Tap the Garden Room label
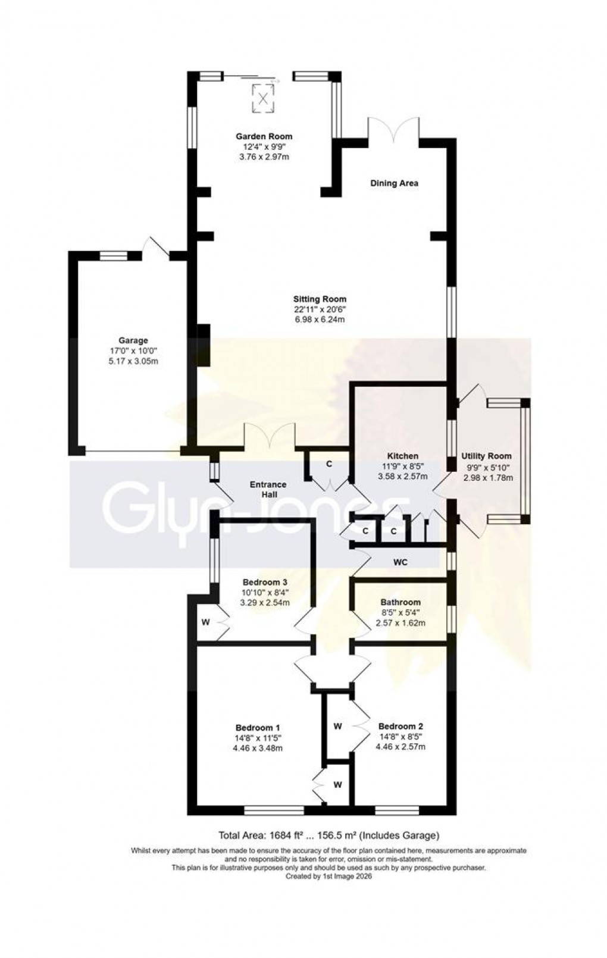tap(263, 136)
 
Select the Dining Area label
tap(394, 183)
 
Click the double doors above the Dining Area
tap(393, 129)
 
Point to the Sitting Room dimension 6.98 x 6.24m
tap(320, 320)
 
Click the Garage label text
tap(133, 340)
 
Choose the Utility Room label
tap(487, 456)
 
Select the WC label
tap(401, 562)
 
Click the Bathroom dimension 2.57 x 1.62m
tap(401, 623)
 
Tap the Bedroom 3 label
tap(265, 582)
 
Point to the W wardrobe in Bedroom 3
tap(206, 622)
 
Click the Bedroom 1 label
tap(258, 727)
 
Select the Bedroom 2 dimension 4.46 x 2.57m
tap(401, 747)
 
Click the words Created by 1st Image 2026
tap(328, 876)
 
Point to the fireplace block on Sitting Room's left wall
tap(204, 345)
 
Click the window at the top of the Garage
tap(113, 256)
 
